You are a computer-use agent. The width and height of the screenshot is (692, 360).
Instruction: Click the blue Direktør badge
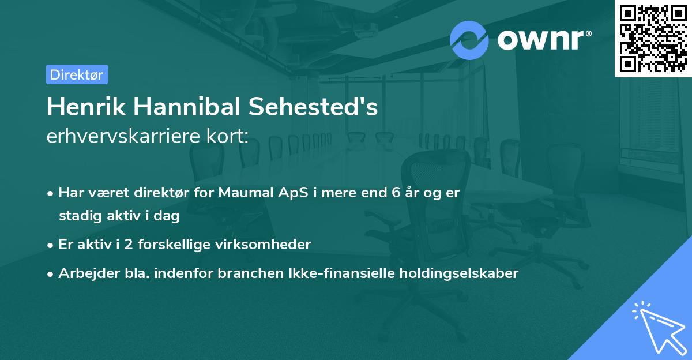tap(77, 74)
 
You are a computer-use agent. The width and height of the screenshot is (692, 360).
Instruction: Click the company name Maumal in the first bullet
tap(245, 193)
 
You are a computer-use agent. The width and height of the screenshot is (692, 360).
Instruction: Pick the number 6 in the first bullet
tap(389, 193)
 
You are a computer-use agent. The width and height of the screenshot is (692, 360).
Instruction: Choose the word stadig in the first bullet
tap(77, 216)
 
